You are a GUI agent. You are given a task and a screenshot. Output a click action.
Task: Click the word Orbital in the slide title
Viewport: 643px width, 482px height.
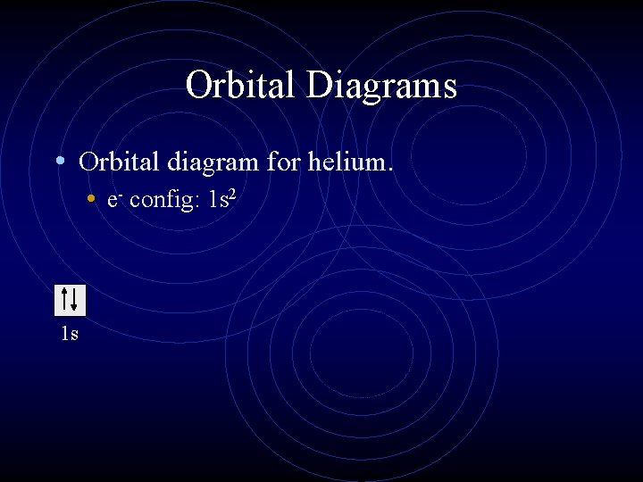click(242, 86)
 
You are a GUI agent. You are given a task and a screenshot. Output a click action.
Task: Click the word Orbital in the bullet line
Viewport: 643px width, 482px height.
click(114, 162)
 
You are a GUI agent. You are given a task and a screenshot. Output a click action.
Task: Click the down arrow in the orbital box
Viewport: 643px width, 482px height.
click(75, 300)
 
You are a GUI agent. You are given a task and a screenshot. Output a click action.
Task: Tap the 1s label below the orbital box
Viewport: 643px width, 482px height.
click(69, 334)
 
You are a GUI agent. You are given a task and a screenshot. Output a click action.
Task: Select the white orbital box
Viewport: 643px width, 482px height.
click(70, 300)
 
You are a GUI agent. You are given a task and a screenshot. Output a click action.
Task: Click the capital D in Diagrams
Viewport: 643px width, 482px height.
click(320, 86)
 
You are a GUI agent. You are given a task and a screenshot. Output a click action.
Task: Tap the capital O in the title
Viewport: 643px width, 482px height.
click(198, 86)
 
